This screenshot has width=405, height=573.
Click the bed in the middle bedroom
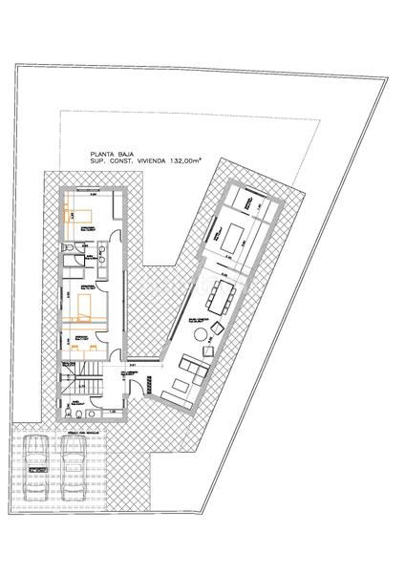(x=83, y=307)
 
